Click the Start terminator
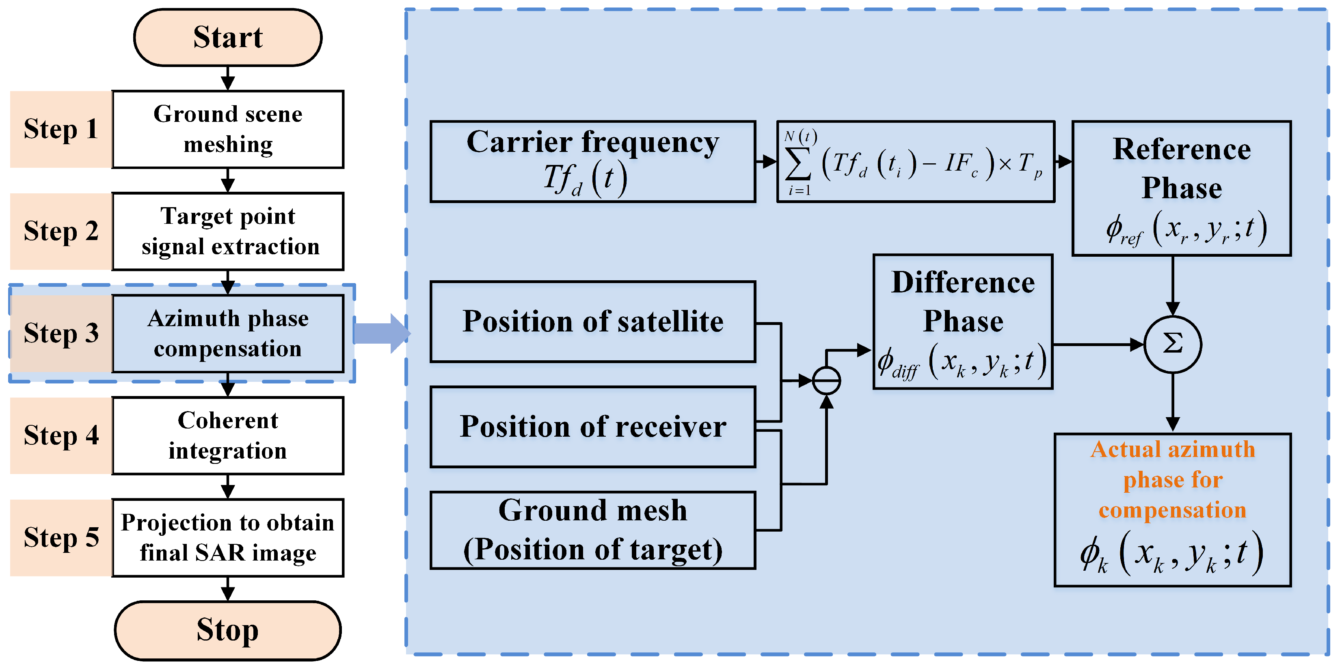point(228,37)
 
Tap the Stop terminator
point(228,630)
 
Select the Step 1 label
point(61,129)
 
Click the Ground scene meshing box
point(228,129)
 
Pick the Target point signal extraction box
point(228,232)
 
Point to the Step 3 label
point(61,333)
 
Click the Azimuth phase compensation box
point(228,333)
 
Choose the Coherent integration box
point(228,435)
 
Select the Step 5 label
point(61,538)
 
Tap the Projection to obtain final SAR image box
point(228,538)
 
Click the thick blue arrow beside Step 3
point(380,333)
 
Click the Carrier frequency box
point(592,162)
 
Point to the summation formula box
point(915,162)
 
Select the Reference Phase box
point(1181,188)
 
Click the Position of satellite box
point(592,321)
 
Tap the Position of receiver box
point(592,427)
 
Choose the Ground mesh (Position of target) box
point(592,530)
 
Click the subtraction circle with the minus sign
point(826,381)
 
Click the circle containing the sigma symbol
point(1172,344)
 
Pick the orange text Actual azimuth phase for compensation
point(1172,479)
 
